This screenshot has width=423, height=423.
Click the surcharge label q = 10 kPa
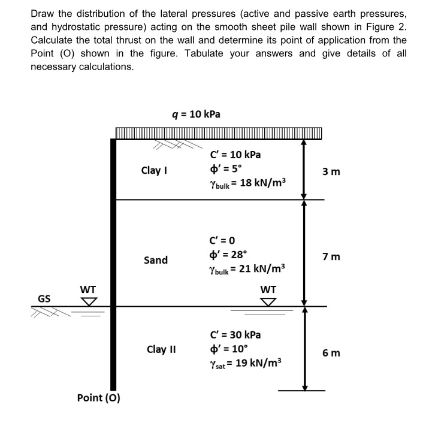tap(195, 114)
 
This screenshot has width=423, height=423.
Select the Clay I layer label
tap(154, 170)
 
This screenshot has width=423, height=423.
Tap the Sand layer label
tap(156, 260)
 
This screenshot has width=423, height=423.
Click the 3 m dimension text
tap(331, 172)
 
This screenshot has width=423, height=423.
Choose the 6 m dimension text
tap(331, 352)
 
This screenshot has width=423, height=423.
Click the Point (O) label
tap(99, 397)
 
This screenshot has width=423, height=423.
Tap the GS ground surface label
tap(44, 298)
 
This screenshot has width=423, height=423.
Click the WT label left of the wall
tap(88, 289)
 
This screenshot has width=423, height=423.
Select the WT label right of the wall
tap(269, 289)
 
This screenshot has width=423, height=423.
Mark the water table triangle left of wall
tap(89, 301)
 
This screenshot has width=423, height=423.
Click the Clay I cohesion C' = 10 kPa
tap(236, 155)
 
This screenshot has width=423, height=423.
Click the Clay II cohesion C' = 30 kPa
tap(236, 335)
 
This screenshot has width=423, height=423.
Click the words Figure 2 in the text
tap(384, 27)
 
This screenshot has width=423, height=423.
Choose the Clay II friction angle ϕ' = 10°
tap(225, 349)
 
